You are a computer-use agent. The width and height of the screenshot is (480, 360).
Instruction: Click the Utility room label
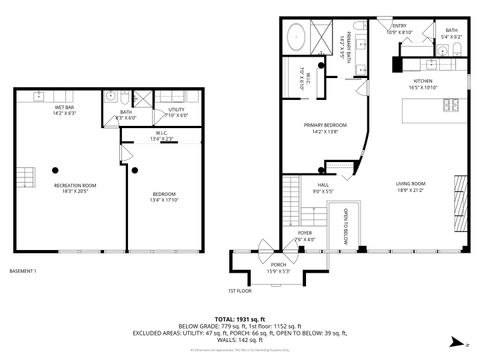click(x=178, y=112)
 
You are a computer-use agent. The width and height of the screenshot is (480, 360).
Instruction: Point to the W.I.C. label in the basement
click(x=161, y=137)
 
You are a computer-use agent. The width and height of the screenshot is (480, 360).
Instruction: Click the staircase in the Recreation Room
click(x=23, y=177)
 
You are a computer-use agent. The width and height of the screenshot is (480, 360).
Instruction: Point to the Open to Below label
click(x=344, y=226)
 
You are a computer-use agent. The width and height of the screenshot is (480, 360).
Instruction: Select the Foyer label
click(x=304, y=236)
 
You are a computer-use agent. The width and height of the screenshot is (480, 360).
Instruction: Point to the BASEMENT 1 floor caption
click(x=24, y=271)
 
